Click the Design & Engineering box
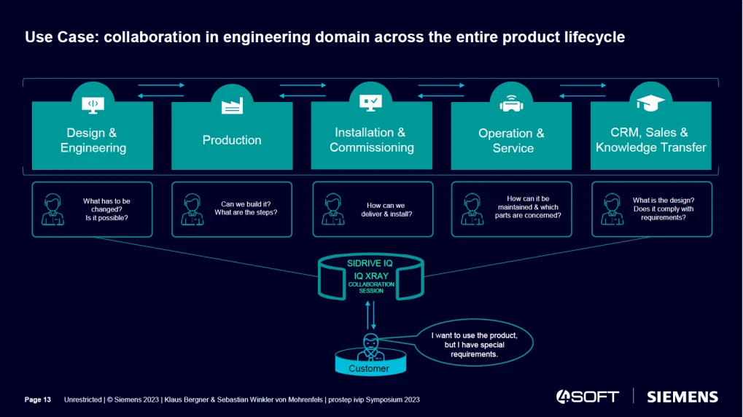point(93,140)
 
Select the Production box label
point(232,140)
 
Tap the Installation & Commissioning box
point(372,140)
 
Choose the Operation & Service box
point(511,140)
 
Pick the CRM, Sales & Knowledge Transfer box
point(651,140)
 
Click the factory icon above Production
point(232,105)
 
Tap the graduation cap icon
point(650,104)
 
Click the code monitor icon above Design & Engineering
point(93,104)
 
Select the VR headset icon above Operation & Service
point(511,104)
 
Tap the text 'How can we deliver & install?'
point(386,210)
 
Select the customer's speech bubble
point(474,344)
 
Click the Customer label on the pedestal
point(369,368)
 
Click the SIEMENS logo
point(682,397)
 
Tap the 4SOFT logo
point(588,397)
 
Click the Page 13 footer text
point(38,400)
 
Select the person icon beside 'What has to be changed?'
point(52,209)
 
